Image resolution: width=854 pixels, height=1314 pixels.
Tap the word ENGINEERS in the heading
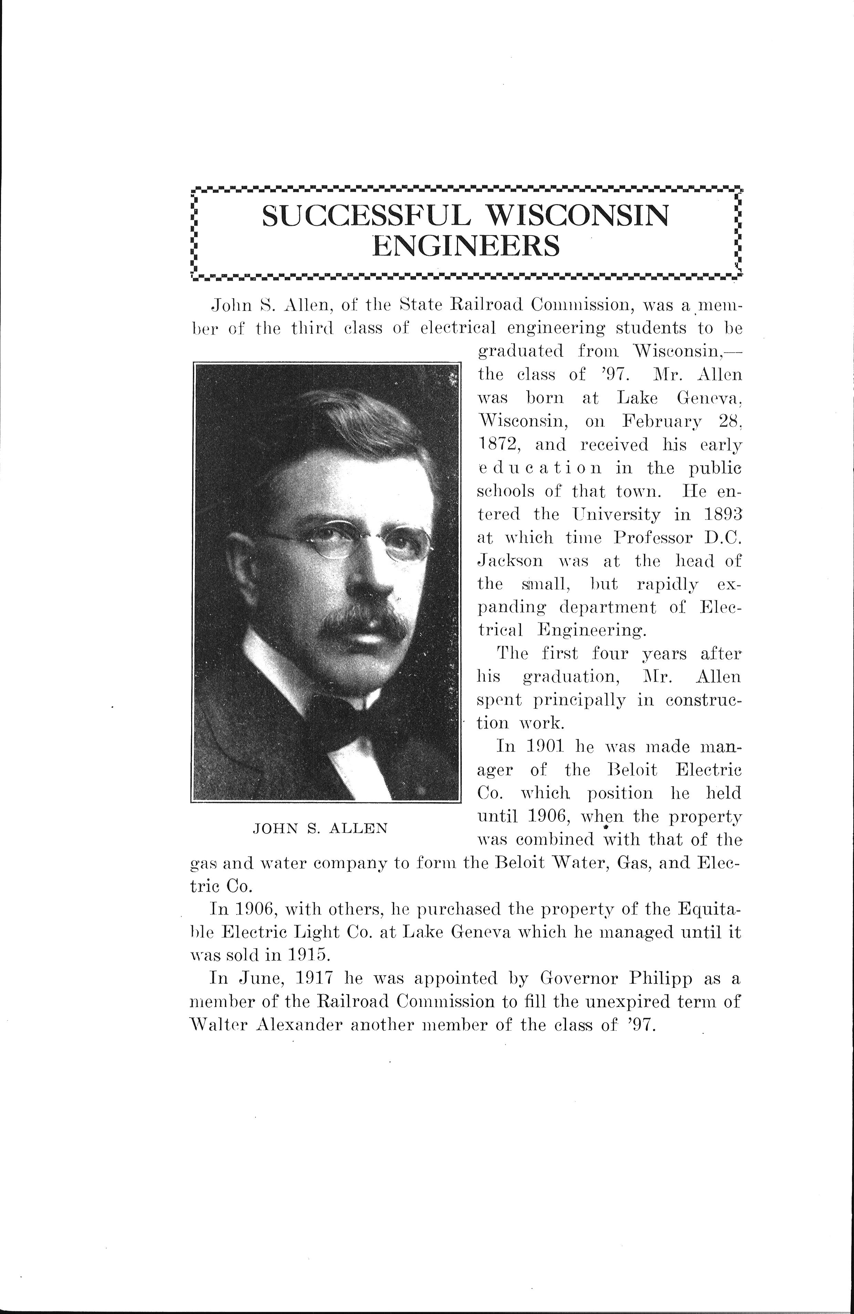pos(466,246)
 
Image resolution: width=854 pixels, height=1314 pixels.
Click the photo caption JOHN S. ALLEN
pos(320,829)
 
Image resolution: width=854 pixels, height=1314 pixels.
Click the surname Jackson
pos(509,561)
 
